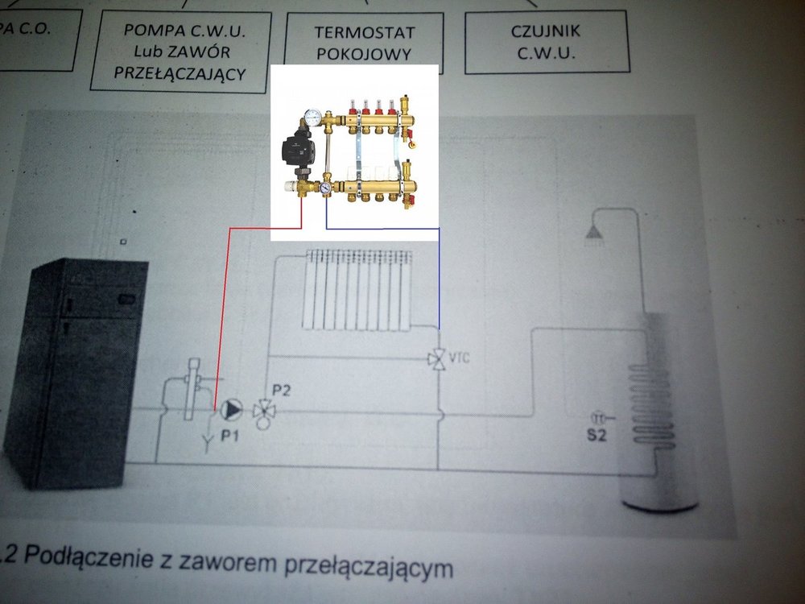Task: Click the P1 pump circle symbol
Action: [232, 410]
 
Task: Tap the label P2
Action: [282, 390]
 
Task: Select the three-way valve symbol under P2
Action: [262, 410]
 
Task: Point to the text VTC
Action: [460, 356]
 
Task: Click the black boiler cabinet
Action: [76, 374]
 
